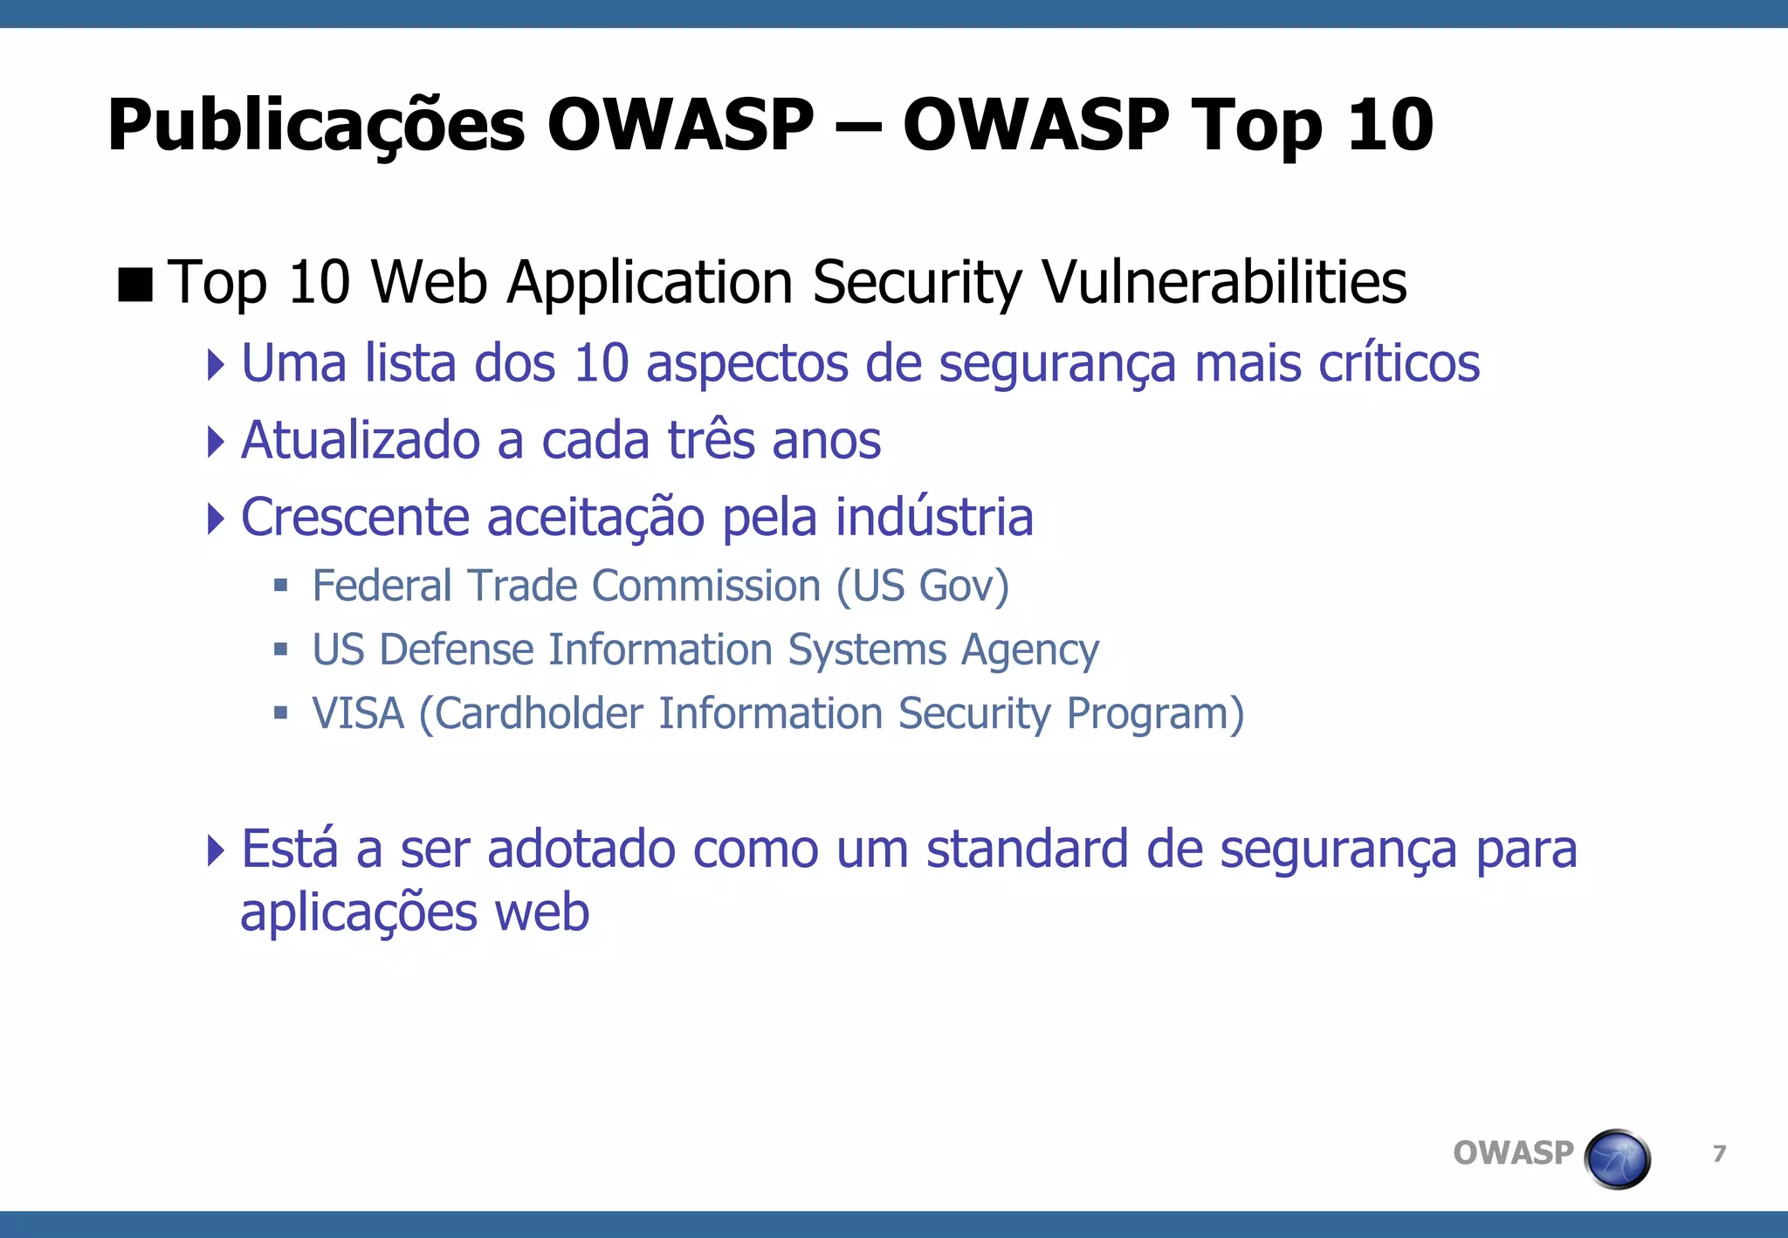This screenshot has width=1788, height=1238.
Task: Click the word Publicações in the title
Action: [316, 126]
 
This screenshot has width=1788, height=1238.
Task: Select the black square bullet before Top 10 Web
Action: [135, 284]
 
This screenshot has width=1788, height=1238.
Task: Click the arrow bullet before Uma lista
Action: [216, 363]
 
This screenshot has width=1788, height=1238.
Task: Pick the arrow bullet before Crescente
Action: [216, 518]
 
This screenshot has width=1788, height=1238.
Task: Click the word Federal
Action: [382, 585]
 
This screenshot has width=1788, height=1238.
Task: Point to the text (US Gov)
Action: [923, 586]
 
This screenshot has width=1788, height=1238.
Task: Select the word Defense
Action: [456, 650]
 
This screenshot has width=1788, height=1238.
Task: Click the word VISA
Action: [358, 713]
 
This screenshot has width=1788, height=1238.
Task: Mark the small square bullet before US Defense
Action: [280, 650]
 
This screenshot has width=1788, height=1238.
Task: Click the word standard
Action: [1028, 849]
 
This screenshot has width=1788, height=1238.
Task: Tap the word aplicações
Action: [359, 913]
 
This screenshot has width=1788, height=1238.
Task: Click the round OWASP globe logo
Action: [1617, 1159]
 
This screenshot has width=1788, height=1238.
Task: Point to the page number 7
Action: [1719, 1154]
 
